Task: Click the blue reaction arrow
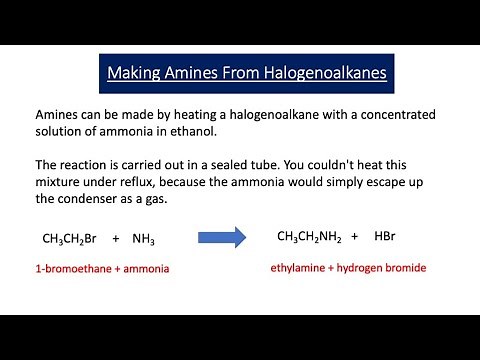pos(222,238)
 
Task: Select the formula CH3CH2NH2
pos(309,237)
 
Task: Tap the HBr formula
pos(385,237)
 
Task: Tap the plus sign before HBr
pos(354,237)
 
